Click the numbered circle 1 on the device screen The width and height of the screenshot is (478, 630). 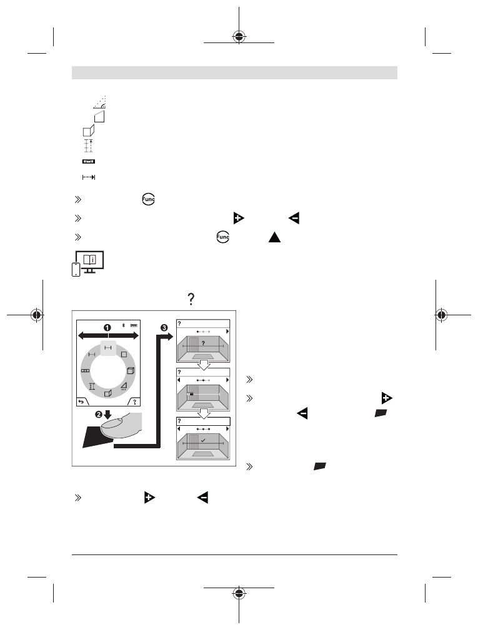(x=107, y=328)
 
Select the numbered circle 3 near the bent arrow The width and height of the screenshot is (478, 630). (x=164, y=328)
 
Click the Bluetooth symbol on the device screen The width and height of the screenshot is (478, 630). (x=124, y=325)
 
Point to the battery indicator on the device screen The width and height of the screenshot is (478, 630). (x=134, y=325)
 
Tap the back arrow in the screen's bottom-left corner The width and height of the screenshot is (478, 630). (x=81, y=401)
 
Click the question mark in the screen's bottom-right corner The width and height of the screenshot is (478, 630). (x=135, y=401)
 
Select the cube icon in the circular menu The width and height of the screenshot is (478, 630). (x=131, y=370)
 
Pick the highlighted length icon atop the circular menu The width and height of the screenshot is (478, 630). (x=107, y=348)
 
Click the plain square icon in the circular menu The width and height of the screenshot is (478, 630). (x=124, y=355)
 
